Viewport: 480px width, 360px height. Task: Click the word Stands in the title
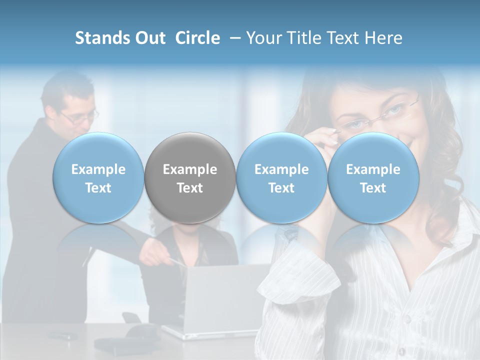click(x=97, y=38)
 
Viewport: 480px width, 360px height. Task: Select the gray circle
click(x=190, y=178)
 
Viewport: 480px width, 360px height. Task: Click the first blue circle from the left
click(x=98, y=178)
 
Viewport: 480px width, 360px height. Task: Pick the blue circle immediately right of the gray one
click(x=281, y=178)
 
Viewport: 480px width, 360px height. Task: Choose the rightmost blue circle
click(x=373, y=178)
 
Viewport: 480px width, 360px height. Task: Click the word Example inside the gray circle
click(x=190, y=169)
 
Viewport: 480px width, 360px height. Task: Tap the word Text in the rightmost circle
click(x=373, y=188)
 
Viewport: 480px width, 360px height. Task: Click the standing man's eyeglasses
click(x=80, y=118)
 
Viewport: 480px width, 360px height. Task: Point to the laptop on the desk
click(x=220, y=300)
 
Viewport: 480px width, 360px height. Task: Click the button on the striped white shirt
click(x=408, y=319)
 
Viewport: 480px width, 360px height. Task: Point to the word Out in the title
click(x=150, y=38)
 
